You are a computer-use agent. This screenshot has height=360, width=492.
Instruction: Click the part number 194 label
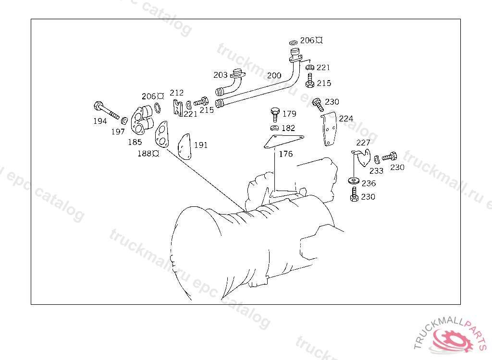point(100,121)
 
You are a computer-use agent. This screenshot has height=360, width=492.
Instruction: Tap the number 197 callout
point(118,132)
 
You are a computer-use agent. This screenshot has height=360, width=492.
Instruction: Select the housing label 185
point(135,142)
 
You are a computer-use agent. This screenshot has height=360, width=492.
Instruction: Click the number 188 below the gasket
point(145,154)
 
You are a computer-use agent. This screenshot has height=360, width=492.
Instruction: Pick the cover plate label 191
point(201,145)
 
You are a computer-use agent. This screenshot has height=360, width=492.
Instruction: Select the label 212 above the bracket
point(177,93)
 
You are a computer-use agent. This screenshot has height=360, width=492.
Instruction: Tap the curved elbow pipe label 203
point(221,75)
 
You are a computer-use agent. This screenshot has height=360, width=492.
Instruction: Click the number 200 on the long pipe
point(274,75)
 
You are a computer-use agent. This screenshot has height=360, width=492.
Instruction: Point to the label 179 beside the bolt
point(289,114)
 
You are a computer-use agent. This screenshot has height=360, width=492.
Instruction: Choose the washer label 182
point(288,128)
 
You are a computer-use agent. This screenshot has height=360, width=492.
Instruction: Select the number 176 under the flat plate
point(285,154)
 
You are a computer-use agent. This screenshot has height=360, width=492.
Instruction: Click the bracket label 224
point(346,119)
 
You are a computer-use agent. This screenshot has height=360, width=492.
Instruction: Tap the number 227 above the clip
point(363,143)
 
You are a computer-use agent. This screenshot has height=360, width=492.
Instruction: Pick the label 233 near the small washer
point(377,171)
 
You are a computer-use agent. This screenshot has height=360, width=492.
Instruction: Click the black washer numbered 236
point(354,181)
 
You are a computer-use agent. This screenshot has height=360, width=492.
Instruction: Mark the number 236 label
point(369,183)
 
